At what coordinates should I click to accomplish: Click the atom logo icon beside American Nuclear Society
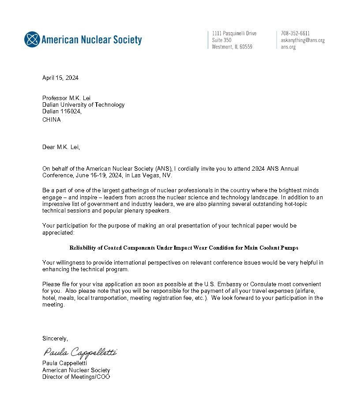[x=32, y=40]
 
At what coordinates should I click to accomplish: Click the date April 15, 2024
[x=60, y=78]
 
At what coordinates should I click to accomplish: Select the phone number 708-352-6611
[x=295, y=34]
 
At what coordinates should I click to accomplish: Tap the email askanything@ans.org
[x=303, y=40]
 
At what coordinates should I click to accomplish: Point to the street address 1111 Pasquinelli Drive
[x=234, y=34]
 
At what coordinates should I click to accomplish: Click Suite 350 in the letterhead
[x=221, y=40]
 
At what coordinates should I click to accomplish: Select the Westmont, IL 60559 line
[x=232, y=47]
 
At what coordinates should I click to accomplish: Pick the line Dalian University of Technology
[x=83, y=105]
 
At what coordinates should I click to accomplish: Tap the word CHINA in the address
[x=52, y=120]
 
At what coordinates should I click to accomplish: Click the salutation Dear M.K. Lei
[x=61, y=147]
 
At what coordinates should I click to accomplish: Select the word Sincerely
[x=55, y=339]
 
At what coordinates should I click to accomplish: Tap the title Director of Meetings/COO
[x=76, y=377]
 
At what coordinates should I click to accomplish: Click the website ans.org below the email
[x=288, y=47]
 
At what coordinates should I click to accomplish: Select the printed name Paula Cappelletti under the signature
[x=64, y=363]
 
